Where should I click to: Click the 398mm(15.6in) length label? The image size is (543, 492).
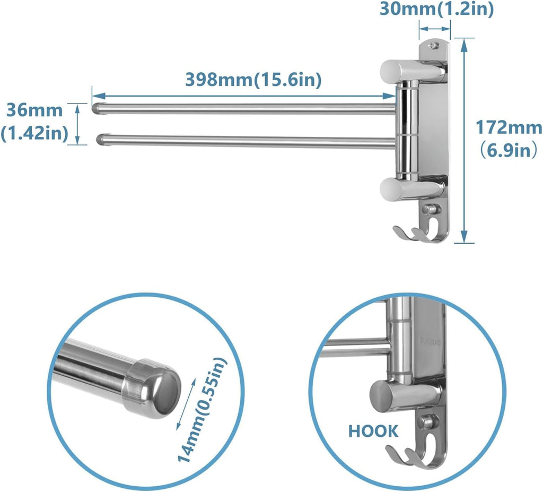click(x=253, y=79)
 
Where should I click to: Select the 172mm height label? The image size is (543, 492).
click(x=508, y=128)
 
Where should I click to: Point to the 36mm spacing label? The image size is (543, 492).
click(x=34, y=111)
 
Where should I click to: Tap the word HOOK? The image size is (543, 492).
click(x=373, y=431)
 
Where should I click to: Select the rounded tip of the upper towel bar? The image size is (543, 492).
click(x=97, y=109)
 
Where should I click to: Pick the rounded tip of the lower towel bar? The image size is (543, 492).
click(x=102, y=140)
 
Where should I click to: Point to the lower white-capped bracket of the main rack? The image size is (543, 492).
click(x=411, y=188)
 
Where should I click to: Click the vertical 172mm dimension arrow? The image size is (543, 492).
click(x=465, y=140)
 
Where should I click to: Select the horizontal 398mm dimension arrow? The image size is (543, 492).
click(x=244, y=96)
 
